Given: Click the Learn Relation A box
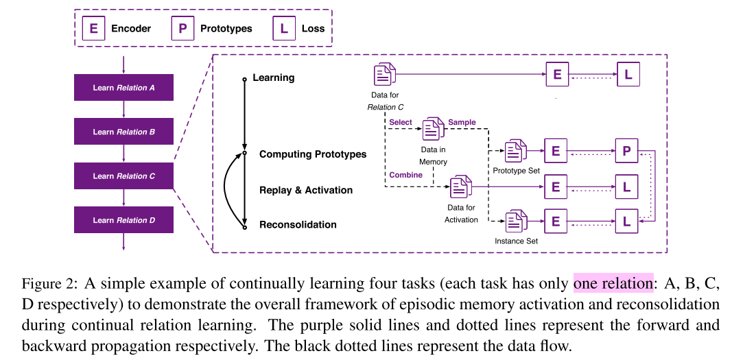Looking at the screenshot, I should [x=123, y=88].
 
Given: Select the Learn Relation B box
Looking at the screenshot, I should [x=123, y=132].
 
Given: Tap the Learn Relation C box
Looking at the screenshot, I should [x=123, y=176].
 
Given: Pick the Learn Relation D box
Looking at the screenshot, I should [x=123, y=220].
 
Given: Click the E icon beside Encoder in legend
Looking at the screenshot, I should [x=93, y=29].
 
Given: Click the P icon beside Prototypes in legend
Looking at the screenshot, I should [x=182, y=29].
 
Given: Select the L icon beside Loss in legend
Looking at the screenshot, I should [x=284, y=29].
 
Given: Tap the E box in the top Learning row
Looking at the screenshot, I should [x=557, y=75].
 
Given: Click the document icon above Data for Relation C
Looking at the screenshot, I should [x=385, y=74].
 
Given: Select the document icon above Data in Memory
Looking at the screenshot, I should [x=434, y=129].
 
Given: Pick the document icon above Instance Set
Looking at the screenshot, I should [x=515, y=221].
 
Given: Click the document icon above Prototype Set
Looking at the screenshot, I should [x=515, y=150].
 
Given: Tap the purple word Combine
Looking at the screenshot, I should [x=405, y=175].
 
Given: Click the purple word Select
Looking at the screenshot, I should [x=401, y=122].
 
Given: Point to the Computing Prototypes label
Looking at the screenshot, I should [x=313, y=154].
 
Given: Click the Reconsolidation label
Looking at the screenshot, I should [x=298, y=224].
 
